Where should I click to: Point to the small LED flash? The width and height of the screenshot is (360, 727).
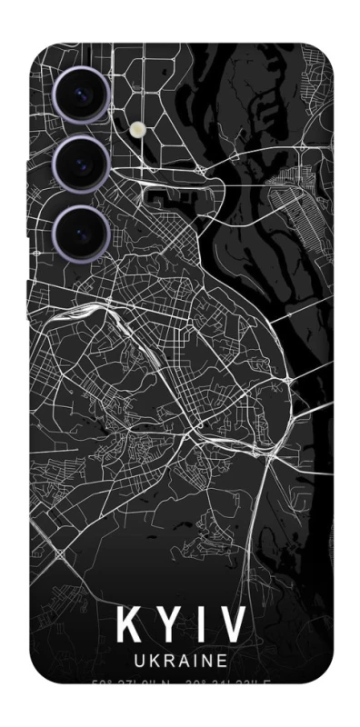pyautogui.click(x=138, y=130)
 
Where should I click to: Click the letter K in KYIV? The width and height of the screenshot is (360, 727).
pyautogui.click(x=129, y=625)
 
